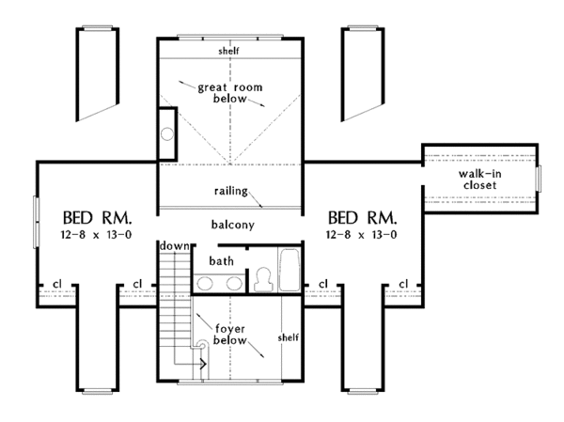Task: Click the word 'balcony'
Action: [231, 225]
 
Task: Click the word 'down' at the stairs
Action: [172, 245]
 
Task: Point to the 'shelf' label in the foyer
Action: [288, 336]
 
